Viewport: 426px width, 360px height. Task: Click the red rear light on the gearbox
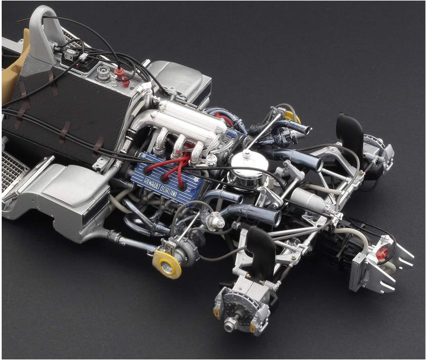click(x=382, y=253)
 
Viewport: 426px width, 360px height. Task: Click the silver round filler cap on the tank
click(x=103, y=74)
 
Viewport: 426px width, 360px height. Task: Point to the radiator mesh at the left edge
click(x=13, y=171)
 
